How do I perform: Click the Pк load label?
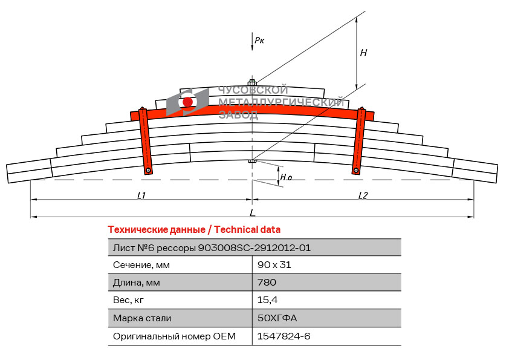click(x=259, y=41)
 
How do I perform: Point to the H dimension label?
click(x=363, y=53)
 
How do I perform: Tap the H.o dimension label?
click(x=287, y=178)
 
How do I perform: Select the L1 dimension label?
click(x=141, y=195)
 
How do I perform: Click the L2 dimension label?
click(x=363, y=195)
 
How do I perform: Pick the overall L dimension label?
click(x=253, y=213)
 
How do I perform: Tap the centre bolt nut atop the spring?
click(x=252, y=82)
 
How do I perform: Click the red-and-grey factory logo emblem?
click(x=187, y=102)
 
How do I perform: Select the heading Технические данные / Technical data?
click(x=194, y=230)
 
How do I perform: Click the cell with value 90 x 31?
click(x=274, y=265)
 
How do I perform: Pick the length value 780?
click(x=267, y=283)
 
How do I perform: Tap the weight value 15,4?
click(x=267, y=300)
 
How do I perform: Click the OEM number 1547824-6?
click(x=284, y=336)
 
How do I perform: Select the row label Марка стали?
click(x=142, y=318)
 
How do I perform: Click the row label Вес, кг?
click(x=129, y=300)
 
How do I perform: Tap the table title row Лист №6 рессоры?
click(x=212, y=247)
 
